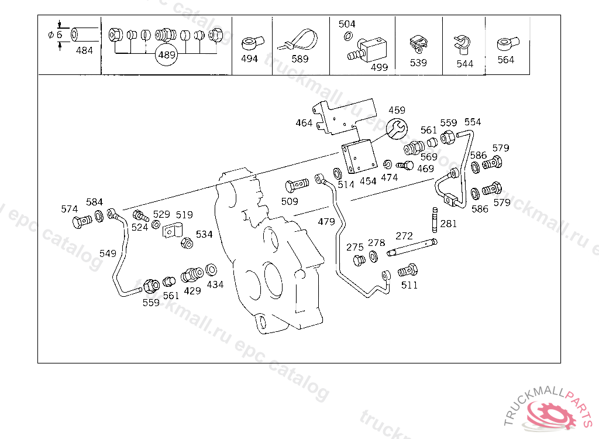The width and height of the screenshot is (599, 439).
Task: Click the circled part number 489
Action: pyautogui.click(x=167, y=55)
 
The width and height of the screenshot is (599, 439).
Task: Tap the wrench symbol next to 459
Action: pyautogui.click(x=397, y=129)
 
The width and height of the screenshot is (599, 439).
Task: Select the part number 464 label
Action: pyautogui.click(x=304, y=123)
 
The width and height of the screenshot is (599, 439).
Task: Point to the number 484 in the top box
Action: pyautogui.click(x=84, y=50)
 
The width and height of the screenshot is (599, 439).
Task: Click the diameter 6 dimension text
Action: pyautogui.click(x=56, y=35)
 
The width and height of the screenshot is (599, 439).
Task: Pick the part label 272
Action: pyautogui.click(x=404, y=236)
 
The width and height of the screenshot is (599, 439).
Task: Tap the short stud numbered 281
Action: pyautogui.click(x=435, y=220)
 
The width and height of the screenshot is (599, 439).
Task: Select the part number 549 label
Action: pyautogui.click(x=108, y=253)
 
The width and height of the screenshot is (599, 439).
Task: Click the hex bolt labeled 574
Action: pyautogui.click(x=82, y=222)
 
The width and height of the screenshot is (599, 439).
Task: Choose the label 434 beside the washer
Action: pyautogui.click(x=215, y=284)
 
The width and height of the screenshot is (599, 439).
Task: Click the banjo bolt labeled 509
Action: pyautogui.click(x=297, y=186)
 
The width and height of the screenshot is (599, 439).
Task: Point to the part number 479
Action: pyautogui.click(x=326, y=222)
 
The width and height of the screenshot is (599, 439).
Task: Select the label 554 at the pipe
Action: pyautogui.click(x=473, y=122)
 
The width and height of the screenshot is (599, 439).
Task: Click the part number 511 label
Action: pyautogui.click(x=409, y=285)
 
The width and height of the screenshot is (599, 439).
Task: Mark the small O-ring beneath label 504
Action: pyautogui.click(x=348, y=36)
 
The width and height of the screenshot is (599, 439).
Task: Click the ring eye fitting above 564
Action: pyautogui.click(x=508, y=43)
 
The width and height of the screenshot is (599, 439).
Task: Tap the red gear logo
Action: pyautogui.click(x=550, y=415)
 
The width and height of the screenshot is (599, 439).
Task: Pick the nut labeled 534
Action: pyautogui.click(x=187, y=243)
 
